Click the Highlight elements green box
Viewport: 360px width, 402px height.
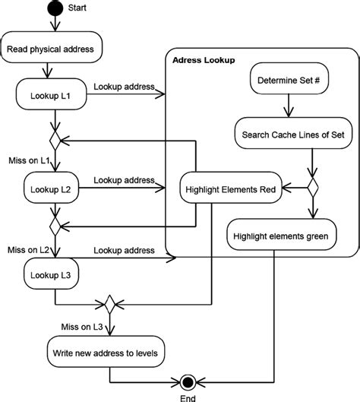pyautogui.click(x=281, y=236)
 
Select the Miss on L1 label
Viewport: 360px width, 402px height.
pyautogui.click(x=28, y=161)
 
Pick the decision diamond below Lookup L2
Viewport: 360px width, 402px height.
pyautogui.click(x=54, y=226)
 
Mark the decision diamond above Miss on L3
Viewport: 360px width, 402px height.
pyautogui.click(x=111, y=304)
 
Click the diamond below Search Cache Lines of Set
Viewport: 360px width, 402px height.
pyautogui.click(x=311, y=185)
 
